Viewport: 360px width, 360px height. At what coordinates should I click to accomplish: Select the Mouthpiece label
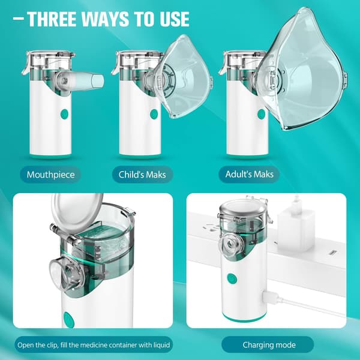click(x=51, y=175)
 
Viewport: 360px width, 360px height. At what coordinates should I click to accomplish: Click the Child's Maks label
click(x=142, y=175)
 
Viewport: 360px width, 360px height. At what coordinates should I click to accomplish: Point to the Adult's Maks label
click(x=250, y=174)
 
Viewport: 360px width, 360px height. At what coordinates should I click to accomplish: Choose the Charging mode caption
click(x=269, y=345)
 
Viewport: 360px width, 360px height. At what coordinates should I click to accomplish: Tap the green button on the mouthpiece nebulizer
click(x=64, y=114)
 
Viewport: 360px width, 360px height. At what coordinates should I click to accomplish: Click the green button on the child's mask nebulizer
click(x=154, y=114)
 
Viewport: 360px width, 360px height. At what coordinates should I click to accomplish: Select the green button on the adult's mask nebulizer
click(x=261, y=114)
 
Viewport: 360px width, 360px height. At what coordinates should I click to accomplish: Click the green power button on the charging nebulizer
click(x=232, y=278)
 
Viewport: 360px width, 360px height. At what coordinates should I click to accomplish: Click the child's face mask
click(x=182, y=77)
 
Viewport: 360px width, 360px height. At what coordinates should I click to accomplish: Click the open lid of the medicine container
click(x=77, y=212)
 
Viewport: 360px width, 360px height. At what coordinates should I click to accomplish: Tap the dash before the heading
click(x=19, y=19)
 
